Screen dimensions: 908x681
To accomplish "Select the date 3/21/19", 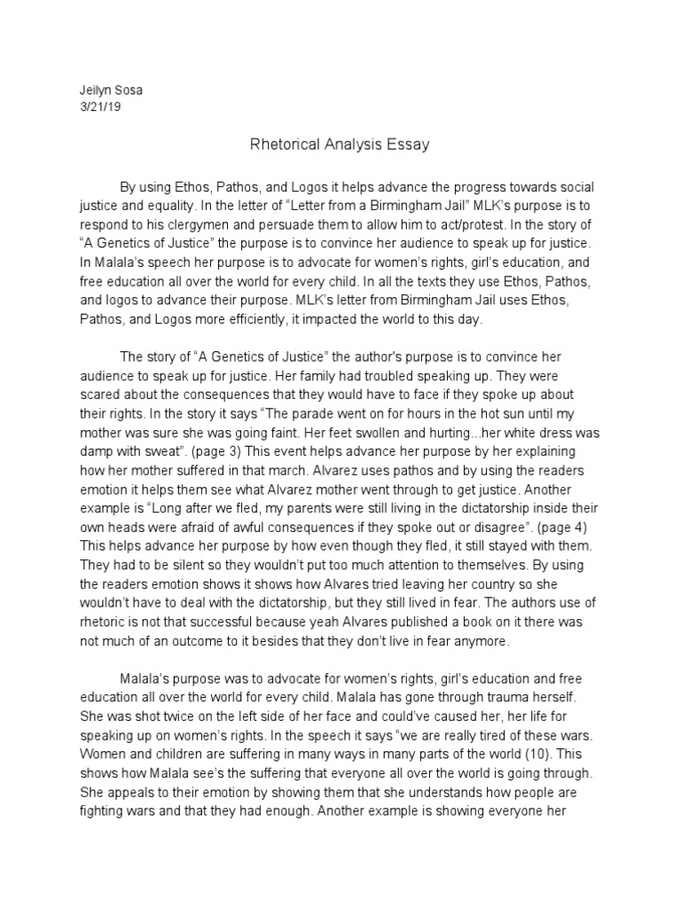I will coord(94,109).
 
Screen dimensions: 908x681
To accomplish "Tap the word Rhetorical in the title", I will coord(279,145).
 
